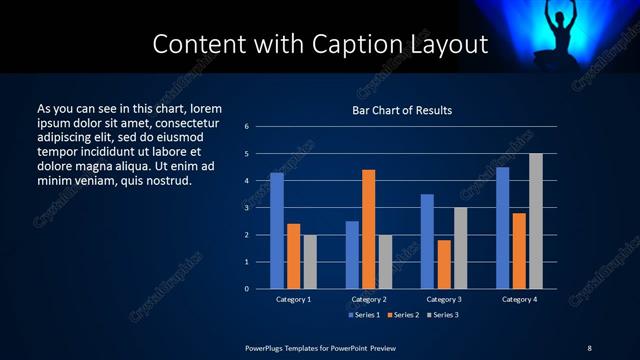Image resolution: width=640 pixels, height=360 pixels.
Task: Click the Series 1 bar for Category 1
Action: point(277,231)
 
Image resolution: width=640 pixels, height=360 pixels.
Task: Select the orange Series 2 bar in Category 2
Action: point(368,229)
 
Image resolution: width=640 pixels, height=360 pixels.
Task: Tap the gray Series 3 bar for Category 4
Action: point(536,221)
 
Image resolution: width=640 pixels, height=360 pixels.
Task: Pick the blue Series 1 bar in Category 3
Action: point(427,241)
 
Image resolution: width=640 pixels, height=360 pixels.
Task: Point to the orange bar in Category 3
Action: point(444,264)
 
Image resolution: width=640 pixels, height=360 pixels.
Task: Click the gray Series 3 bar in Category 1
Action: point(310,262)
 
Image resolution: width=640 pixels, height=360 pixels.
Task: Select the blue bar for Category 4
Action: point(502,228)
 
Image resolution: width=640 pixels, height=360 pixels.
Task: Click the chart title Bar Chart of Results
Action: point(403,110)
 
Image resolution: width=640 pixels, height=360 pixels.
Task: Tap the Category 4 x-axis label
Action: point(519,299)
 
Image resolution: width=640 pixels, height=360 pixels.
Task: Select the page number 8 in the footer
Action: point(589,347)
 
